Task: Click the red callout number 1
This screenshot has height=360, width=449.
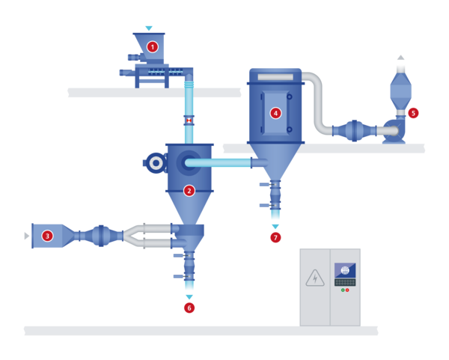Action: coord(153,46)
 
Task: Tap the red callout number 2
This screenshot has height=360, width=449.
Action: coord(189,191)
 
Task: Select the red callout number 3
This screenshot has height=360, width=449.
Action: coord(47,236)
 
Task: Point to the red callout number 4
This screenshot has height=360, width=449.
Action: coord(275,113)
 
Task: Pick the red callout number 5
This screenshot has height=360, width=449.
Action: coord(413,113)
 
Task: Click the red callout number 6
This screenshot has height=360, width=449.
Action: coord(189,308)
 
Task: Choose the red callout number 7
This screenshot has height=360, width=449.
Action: coord(275,237)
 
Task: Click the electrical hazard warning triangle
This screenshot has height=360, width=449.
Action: coord(315,278)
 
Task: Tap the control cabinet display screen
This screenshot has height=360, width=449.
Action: coord(345,270)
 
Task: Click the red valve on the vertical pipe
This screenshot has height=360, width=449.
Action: coord(189,120)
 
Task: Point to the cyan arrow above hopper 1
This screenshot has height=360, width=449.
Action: coord(149,28)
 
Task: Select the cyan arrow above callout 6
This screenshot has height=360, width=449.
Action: coord(189,297)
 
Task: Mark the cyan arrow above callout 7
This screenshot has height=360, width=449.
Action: coord(275,227)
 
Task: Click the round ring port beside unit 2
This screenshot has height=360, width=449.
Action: coord(156,162)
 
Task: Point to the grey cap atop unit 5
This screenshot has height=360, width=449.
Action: coord(401,59)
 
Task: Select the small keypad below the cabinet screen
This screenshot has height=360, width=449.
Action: coord(345,282)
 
